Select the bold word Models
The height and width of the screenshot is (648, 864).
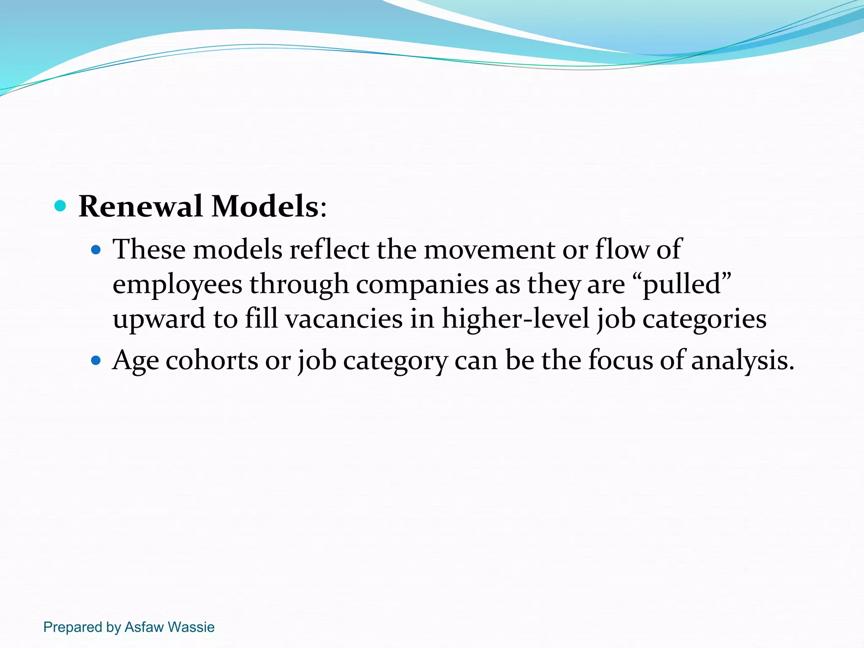point(265,206)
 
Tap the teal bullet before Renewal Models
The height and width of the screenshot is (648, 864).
point(60,206)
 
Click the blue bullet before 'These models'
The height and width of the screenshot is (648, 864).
point(96,250)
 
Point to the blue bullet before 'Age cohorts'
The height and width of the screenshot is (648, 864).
point(96,361)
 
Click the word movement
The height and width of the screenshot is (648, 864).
point(489,249)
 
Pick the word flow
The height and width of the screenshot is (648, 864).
point(622,249)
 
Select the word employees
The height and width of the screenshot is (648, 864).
point(177,284)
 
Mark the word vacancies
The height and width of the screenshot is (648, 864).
point(344,319)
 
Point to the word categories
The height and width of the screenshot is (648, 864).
point(704,319)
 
